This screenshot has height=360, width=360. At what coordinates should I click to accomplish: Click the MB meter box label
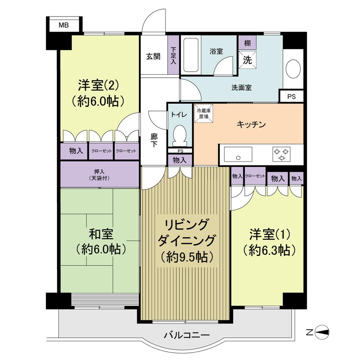(64, 25)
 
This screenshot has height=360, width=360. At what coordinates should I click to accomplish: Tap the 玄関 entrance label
(153, 57)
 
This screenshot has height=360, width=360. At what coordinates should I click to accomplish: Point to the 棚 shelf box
(247, 43)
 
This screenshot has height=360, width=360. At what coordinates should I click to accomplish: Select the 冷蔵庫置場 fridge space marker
(204, 114)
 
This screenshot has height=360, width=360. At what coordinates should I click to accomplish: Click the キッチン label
(251, 125)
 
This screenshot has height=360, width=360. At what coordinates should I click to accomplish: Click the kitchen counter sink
(238, 154)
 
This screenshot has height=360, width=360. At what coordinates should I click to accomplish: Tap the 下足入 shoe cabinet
(174, 55)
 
